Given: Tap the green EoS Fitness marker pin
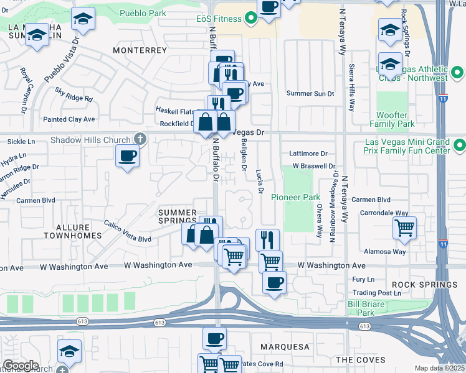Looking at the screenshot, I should [251, 19].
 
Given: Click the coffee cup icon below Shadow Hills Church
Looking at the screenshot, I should [128, 155].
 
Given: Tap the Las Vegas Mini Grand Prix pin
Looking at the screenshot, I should [460, 146].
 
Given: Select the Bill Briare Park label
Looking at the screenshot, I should [366, 308].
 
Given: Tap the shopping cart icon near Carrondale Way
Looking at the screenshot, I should [405, 228].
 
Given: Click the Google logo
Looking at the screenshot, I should [21, 366].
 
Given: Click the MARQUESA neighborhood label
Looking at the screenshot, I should [284, 346].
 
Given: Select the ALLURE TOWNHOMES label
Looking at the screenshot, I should [72, 231].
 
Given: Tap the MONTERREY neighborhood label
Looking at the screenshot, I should [140, 50].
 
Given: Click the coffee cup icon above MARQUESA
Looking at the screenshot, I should [214, 338].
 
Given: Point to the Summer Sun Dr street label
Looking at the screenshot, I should [310, 93].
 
